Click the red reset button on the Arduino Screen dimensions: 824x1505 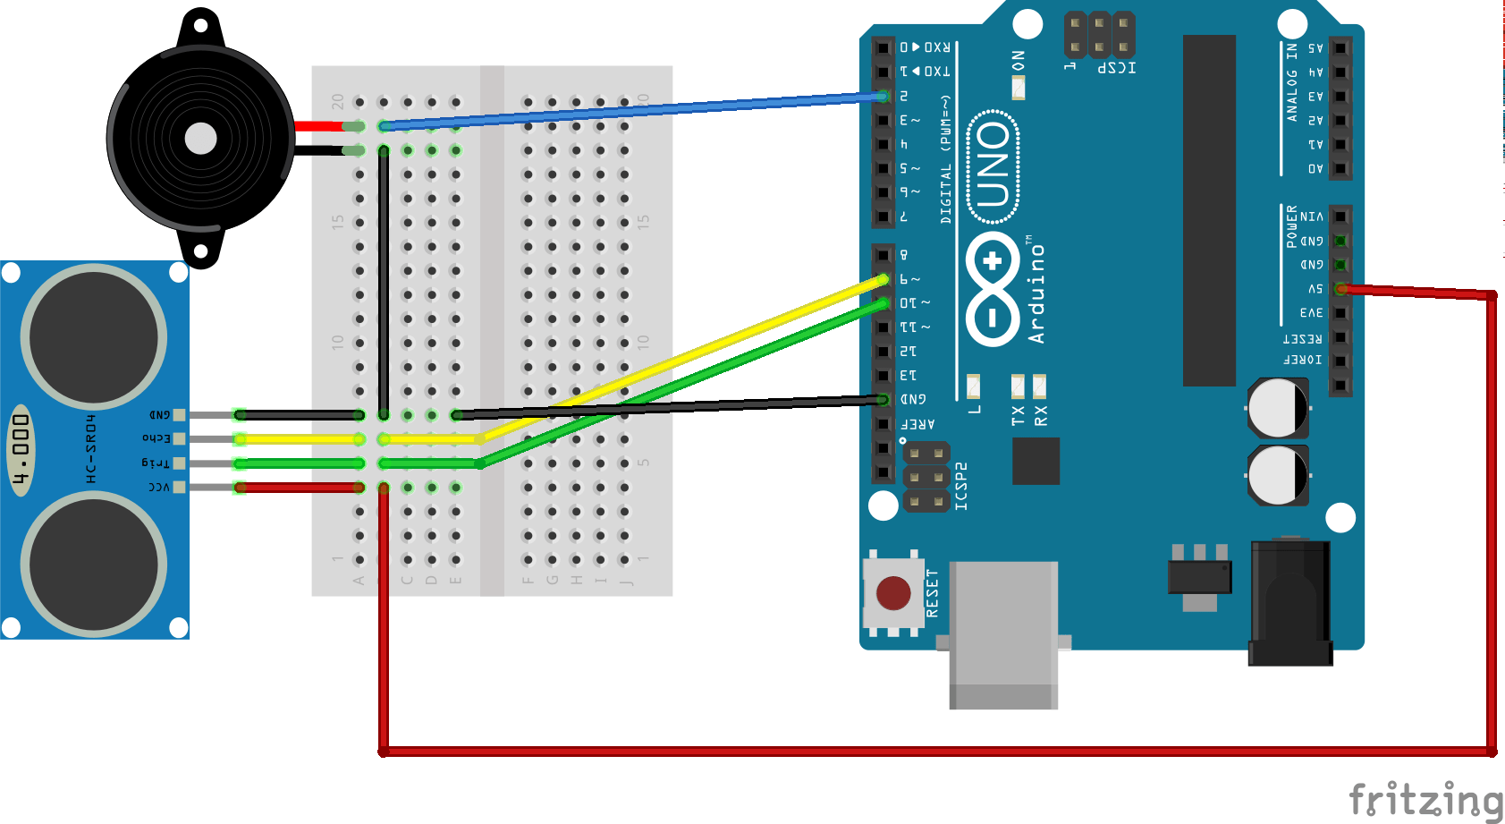pos(893,592)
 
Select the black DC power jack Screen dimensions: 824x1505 pos(1290,604)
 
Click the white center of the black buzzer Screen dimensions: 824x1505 pos(200,139)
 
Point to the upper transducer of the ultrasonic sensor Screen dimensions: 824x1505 pos(93,338)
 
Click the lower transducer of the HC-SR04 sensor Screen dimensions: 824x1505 pos(93,565)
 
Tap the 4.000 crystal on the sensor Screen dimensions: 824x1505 pos(21,450)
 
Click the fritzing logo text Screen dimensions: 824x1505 pos(1425,798)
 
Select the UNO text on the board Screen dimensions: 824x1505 pos(993,166)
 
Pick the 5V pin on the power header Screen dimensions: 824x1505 pos(1340,289)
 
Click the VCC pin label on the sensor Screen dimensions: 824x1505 pos(158,487)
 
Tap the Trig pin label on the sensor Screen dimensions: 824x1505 pos(156,463)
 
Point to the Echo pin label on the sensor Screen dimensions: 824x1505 pos(156,438)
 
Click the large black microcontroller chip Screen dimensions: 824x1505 pos(1209,210)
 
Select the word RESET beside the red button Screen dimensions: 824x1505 pos(932,592)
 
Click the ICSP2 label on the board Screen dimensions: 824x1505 pos(961,486)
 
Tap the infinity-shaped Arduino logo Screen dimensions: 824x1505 pos(993,289)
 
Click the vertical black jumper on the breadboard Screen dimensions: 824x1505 pos(384,282)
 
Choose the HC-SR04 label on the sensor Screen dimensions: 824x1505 pos(90,448)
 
